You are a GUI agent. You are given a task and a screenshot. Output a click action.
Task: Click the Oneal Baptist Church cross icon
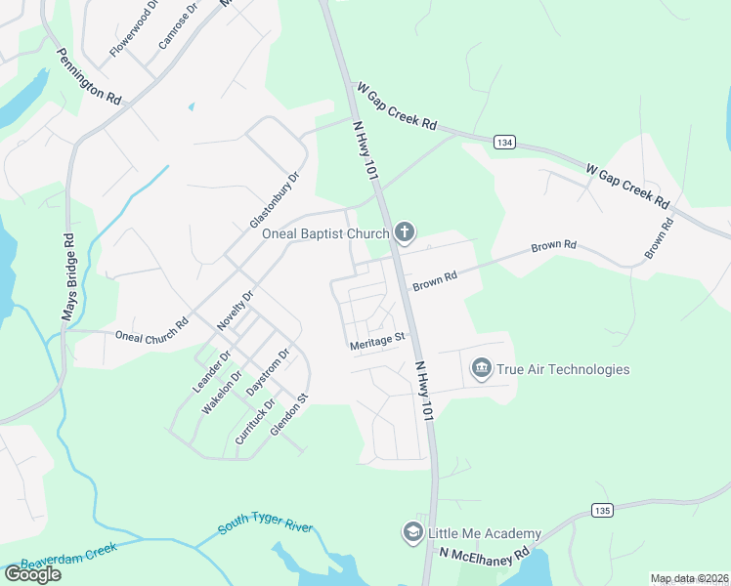(405, 232)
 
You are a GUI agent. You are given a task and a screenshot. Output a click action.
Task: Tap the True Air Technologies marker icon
(481, 368)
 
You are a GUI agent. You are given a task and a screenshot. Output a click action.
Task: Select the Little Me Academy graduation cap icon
(412, 532)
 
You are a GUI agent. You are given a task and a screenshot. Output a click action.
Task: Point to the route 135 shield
(602, 510)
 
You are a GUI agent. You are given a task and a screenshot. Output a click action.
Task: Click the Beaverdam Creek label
(68, 556)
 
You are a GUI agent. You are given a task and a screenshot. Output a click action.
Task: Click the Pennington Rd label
(88, 77)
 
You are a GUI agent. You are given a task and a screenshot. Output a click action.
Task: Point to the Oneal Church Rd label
(151, 329)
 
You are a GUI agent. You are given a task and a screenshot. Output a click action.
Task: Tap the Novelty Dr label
(235, 308)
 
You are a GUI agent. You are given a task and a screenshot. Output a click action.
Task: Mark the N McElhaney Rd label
(483, 553)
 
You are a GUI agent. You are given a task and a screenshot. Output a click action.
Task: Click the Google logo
(32, 574)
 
